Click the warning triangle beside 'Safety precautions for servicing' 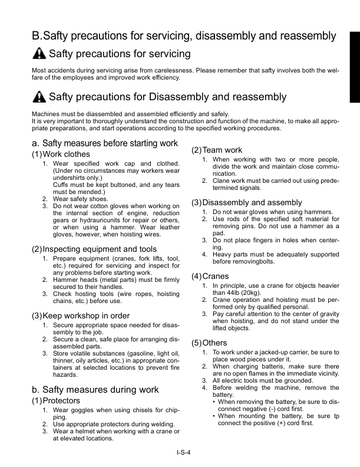click(x=38, y=54)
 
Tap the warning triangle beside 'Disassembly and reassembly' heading click(x=38, y=96)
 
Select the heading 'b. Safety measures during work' click(x=95, y=389)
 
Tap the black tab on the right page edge click(x=355, y=65)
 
